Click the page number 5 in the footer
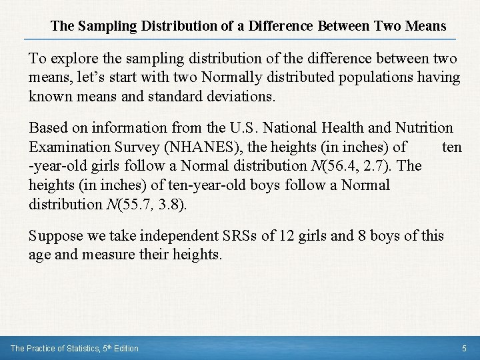click(464, 348)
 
